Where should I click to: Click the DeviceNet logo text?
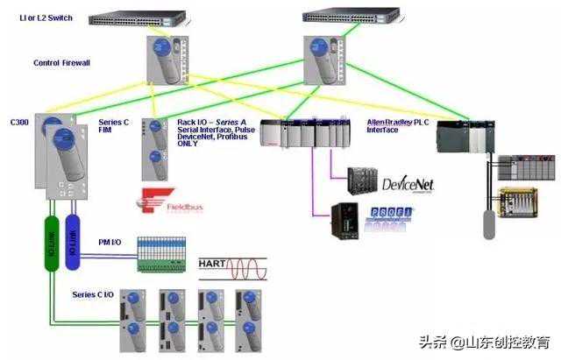tap(408, 184)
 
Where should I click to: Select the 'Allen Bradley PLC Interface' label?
tap(397, 125)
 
